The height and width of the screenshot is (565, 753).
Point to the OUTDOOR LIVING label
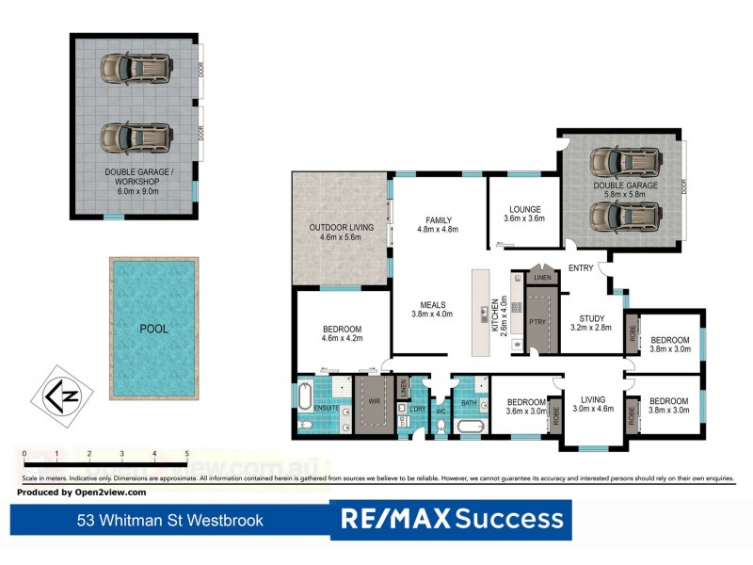[342, 227]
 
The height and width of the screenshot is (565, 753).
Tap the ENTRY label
[581, 268]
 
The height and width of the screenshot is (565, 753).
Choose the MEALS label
[432, 304]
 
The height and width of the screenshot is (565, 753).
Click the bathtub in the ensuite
[305, 395]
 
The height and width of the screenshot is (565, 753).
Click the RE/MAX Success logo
[451, 519]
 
